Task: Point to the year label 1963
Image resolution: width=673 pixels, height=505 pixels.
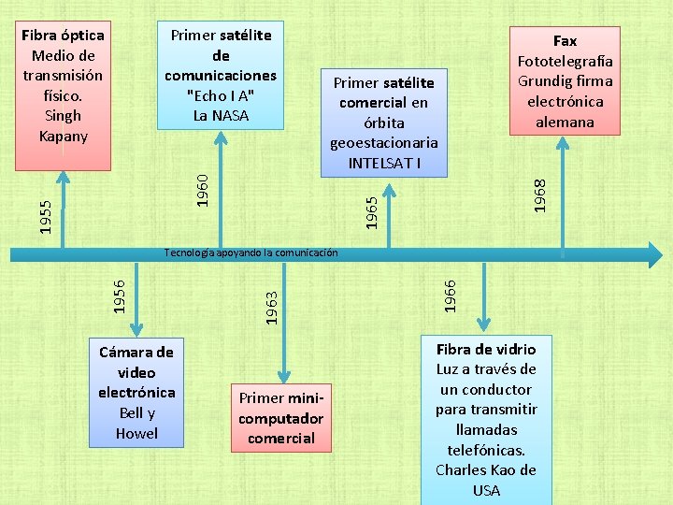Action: click(271, 307)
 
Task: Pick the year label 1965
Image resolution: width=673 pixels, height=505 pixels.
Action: click(372, 209)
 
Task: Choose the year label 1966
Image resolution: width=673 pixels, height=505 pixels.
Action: click(450, 296)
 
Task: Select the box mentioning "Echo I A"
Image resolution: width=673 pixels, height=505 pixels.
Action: click(221, 75)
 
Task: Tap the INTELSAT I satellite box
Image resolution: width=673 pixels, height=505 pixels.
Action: click(383, 122)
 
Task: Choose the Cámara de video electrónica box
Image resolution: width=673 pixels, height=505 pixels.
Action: click(136, 392)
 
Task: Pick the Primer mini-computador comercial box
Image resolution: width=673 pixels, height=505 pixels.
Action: click(281, 418)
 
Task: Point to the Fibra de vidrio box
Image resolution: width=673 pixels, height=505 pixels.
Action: click(486, 420)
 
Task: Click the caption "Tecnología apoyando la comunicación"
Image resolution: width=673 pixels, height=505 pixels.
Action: click(251, 252)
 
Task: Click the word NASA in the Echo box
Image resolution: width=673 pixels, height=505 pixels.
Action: click(231, 116)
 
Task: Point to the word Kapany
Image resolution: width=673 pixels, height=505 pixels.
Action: click(64, 137)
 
